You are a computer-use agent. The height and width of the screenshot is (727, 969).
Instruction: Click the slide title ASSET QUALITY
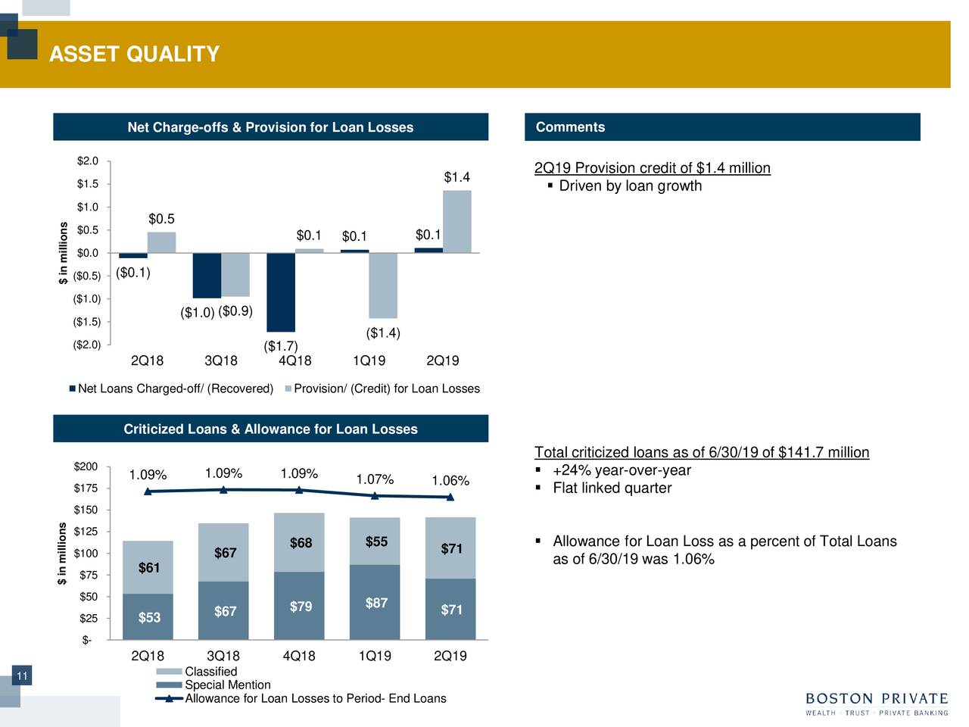(x=134, y=55)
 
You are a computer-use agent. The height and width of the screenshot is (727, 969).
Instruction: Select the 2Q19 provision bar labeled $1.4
(x=456, y=221)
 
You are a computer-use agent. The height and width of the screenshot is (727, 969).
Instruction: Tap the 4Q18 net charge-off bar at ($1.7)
(x=280, y=292)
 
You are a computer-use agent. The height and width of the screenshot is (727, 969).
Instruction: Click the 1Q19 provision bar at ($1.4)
(x=382, y=285)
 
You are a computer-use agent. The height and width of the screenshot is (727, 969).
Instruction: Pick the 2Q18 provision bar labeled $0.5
(x=161, y=242)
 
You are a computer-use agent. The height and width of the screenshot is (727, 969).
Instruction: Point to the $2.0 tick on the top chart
(x=88, y=161)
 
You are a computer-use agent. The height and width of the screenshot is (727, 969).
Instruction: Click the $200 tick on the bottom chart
(x=84, y=466)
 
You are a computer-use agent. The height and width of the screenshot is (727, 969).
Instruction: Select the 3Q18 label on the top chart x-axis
(x=221, y=360)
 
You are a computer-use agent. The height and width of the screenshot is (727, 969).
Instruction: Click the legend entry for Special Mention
(x=227, y=685)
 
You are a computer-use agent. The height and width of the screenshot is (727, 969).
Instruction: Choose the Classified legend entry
(x=210, y=672)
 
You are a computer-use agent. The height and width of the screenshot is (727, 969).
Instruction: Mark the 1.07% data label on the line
(x=375, y=479)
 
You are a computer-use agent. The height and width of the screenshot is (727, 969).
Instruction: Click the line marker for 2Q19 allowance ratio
(x=450, y=498)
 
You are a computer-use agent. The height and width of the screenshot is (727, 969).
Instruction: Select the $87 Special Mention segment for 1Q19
(x=375, y=603)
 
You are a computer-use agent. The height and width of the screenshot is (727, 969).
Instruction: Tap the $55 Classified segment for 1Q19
(x=375, y=541)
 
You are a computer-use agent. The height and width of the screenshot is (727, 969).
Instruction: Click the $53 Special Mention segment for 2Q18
(x=148, y=617)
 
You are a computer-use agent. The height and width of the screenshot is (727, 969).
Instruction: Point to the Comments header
(x=570, y=127)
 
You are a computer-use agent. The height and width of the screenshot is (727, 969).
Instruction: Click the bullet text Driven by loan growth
(x=630, y=186)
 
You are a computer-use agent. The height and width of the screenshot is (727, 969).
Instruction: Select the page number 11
(x=22, y=676)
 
